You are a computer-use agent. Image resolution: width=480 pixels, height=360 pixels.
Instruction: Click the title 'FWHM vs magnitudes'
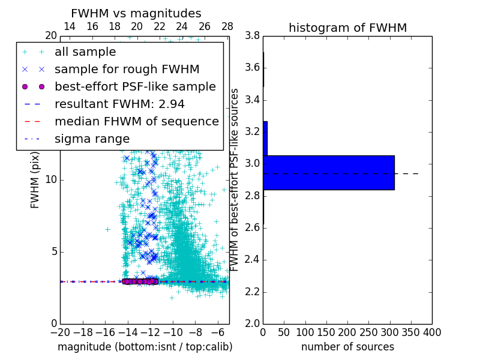tap(136, 14)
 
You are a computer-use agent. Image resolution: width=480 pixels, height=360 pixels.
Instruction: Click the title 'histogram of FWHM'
tap(347, 28)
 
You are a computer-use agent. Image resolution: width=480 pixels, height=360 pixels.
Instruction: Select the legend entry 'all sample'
tap(85, 52)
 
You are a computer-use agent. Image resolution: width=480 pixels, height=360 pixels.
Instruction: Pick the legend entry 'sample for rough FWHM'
tap(127, 69)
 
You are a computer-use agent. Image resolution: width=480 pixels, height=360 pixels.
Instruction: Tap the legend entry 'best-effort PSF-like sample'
tap(135, 86)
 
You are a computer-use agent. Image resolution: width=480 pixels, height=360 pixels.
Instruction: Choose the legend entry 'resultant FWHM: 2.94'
tap(119, 104)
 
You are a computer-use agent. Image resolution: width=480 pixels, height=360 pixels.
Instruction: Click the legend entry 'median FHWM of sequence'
tap(136, 121)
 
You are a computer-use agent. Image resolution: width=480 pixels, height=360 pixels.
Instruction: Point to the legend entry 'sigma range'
tap(92, 139)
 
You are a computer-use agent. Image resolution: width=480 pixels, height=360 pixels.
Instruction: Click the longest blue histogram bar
tap(328, 173)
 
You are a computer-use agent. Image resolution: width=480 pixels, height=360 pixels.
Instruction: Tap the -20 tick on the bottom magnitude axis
tap(60, 332)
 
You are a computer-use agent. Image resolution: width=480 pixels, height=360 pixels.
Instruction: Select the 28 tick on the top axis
tap(227, 26)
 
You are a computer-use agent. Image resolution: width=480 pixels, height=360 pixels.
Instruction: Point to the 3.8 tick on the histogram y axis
tap(252, 35)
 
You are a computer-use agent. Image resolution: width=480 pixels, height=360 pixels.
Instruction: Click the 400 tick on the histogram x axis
tap(431, 332)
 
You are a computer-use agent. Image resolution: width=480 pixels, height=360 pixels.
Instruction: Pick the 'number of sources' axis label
tap(347, 347)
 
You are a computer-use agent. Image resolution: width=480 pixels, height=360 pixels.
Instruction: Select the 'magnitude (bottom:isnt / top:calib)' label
tap(145, 347)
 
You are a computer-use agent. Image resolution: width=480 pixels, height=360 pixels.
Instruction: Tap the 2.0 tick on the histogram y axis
tap(252, 323)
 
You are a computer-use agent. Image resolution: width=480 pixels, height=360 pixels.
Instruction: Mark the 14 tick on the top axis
tap(70, 26)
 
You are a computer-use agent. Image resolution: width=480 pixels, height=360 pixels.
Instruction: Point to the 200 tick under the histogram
tap(347, 332)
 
